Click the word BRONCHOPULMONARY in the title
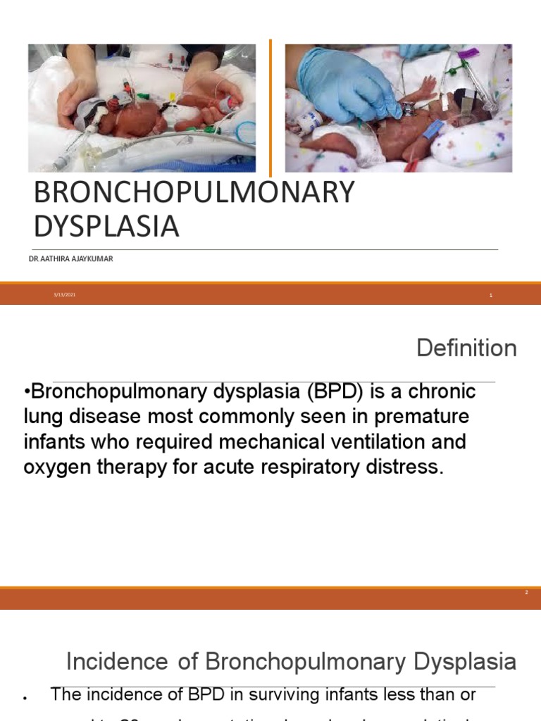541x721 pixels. tap(194, 192)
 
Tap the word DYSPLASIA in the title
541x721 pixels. tap(106, 227)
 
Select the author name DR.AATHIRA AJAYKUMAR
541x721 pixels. tap(70, 259)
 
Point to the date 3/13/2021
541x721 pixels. tap(64, 295)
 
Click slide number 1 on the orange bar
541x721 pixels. tap(491, 296)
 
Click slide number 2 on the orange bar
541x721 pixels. tap(526, 593)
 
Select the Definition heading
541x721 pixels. tap(466, 348)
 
